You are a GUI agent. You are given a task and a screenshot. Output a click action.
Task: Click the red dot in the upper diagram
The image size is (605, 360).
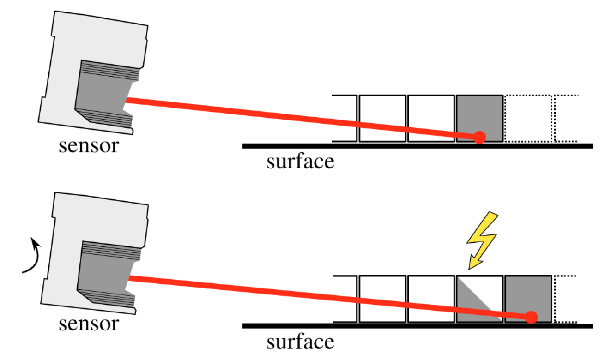coord(480,137)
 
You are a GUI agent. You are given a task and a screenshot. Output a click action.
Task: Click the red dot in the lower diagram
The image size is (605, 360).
coord(532,317)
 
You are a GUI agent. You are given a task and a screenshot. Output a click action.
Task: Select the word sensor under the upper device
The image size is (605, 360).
coord(88,146)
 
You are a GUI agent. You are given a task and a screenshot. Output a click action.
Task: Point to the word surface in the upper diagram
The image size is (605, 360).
coord(300,162)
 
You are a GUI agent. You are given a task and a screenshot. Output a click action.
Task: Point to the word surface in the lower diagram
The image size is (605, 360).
coord(300,342)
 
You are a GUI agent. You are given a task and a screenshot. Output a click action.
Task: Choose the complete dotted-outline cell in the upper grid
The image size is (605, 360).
coord(528,118)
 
